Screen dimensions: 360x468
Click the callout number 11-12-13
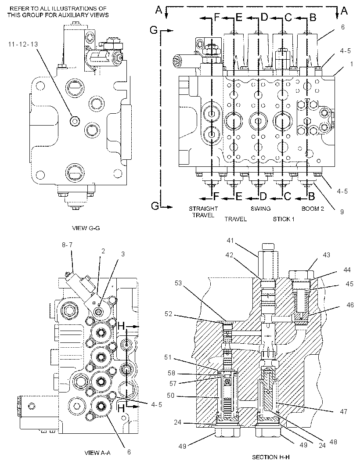23,44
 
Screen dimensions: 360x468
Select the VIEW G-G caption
86,228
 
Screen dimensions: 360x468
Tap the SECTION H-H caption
271,457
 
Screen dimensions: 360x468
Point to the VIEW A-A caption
97,453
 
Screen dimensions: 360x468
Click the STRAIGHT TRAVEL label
203,212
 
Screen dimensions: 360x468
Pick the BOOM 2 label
313,209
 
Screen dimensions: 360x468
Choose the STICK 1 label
284,220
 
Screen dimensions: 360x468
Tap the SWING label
261,209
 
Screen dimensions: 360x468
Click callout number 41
230,240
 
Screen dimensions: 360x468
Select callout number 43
327,255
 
